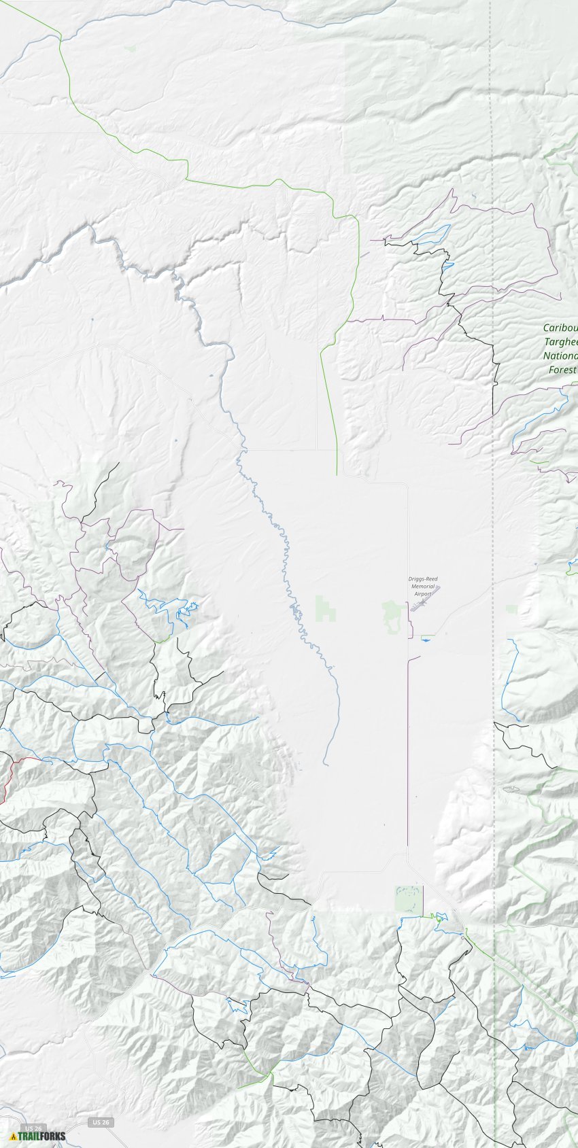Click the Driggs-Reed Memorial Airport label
(x=423, y=586)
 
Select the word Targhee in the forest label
(x=561, y=342)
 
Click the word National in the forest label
(x=560, y=355)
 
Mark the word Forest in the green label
(x=562, y=370)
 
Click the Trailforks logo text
(x=42, y=1136)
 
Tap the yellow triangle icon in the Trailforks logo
(x=13, y=1136)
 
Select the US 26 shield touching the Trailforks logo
(x=33, y=1128)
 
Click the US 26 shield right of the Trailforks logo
(x=100, y=1122)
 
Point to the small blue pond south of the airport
(x=427, y=637)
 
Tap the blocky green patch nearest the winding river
(x=326, y=609)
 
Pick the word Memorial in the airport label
(x=423, y=586)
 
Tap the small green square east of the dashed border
(x=512, y=609)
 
